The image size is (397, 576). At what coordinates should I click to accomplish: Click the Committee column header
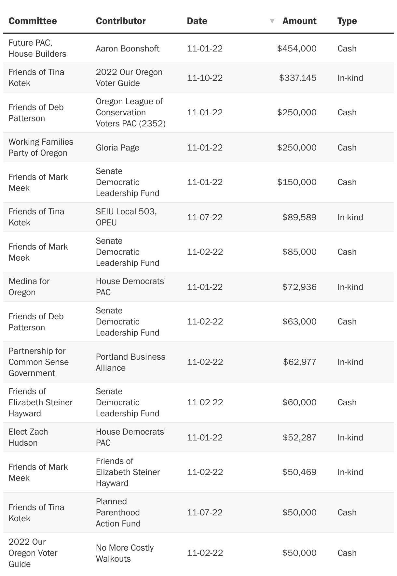pyautogui.click(x=33, y=21)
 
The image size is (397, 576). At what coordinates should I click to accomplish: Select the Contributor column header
pyautogui.click(x=121, y=21)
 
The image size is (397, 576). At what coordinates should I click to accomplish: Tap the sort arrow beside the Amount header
pyautogui.click(x=272, y=21)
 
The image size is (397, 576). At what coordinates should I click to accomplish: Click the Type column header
pyautogui.click(x=347, y=21)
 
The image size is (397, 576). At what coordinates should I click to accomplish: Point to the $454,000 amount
pyautogui.click(x=296, y=49)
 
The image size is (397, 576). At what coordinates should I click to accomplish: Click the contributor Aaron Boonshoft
pyautogui.click(x=128, y=49)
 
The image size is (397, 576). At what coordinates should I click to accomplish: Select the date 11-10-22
pyautogui.click(x=205, y=78)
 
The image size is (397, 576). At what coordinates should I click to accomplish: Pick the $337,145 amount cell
pyautogui.click(x=297, y=78)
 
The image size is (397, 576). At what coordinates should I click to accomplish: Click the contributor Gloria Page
pyautogui.click(x=117, y=148)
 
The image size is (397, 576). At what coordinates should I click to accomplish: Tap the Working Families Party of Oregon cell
pyautogui.click(x=41, y=147)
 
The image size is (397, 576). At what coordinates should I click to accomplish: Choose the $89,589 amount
pyautogui.click(x=299, y=217)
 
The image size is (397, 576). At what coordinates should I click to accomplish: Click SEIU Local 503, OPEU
pyautogui.click(x=126, y=217)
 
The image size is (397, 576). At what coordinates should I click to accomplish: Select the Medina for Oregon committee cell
pyautogui.click(x=29, y=287)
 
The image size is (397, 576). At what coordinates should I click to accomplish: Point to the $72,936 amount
pyautogui.click(x=299, y=287)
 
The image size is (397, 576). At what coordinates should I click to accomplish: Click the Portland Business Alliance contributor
pyautogui.click(x=130, y=362)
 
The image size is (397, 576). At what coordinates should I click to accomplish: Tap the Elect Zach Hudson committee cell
pyautogui.click(x=28, y=437)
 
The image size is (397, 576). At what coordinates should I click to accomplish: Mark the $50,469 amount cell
pyautogui.click(x=299, y=472)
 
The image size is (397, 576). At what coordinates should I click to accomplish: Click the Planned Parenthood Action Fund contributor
pyautogui.click(x=118, y=512)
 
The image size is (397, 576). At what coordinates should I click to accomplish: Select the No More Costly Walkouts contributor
pyautogui.click(x=125, y=553)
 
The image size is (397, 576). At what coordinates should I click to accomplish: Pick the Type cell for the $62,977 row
pyautogui.click(x=350, y=362)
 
